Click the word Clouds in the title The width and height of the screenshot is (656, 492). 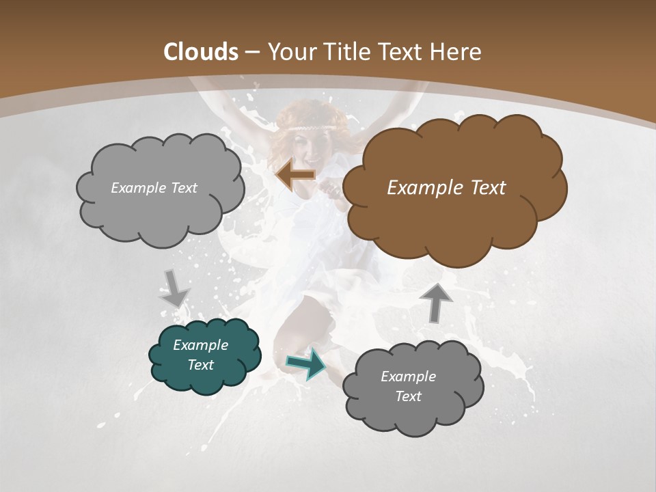(201, 52)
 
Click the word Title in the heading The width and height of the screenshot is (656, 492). (348, 52)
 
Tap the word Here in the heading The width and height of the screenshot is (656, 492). (457, 52)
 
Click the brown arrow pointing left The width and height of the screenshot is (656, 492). (296, 175)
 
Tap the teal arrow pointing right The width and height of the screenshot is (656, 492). (306, 364)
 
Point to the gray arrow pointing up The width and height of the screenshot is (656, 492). (436, 301)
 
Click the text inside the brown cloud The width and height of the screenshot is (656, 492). (446, 188)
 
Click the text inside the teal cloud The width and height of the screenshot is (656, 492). (200, 355)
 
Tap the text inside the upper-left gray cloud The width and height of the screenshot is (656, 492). (154, 188)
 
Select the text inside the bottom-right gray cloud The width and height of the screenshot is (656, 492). (408, 386)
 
